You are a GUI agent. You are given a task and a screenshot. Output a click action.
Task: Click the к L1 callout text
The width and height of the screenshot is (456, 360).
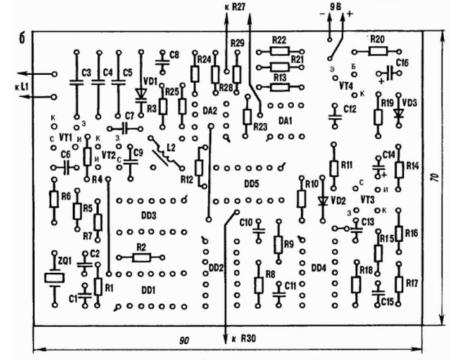point(21,86)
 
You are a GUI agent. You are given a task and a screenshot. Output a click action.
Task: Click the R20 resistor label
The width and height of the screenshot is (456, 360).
point(379,39)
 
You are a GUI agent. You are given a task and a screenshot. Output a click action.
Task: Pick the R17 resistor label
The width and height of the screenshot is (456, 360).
point(411,282)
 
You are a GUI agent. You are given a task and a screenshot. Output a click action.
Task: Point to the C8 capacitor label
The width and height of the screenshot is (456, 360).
point(174,55)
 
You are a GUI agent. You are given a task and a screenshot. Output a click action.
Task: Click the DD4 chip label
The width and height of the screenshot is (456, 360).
point(318,267)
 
